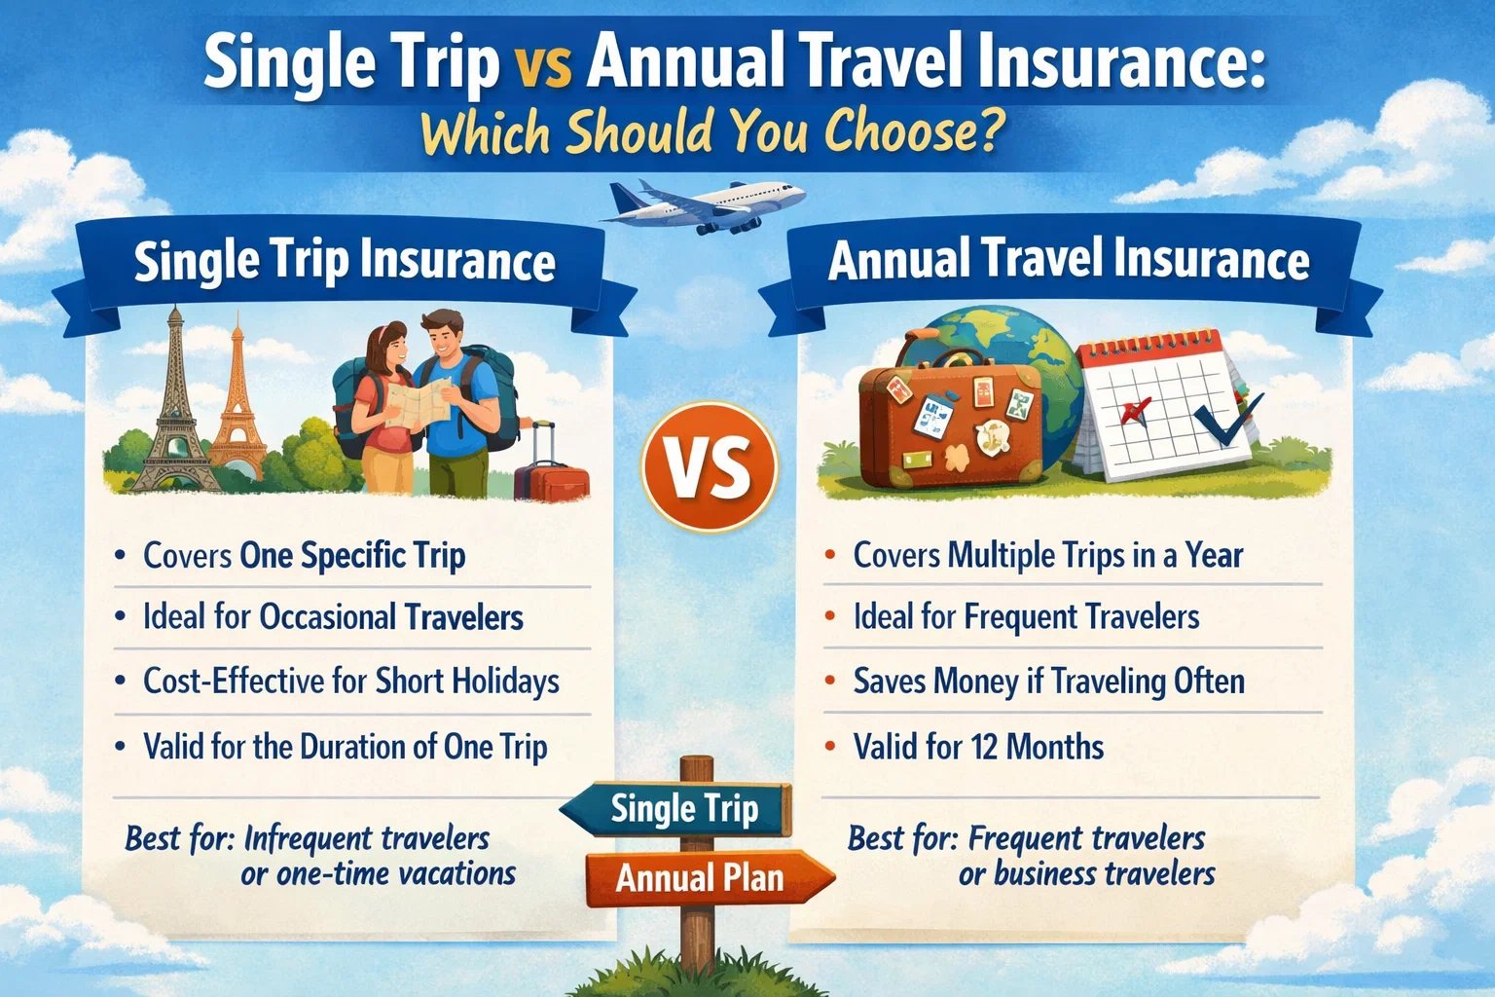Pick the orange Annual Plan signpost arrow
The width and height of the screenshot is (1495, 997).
[706, 877]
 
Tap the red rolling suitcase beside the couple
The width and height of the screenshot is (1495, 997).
[552, 474]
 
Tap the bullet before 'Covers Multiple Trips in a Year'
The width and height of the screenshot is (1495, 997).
[829, 556]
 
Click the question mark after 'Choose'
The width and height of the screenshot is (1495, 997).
[989, 132]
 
